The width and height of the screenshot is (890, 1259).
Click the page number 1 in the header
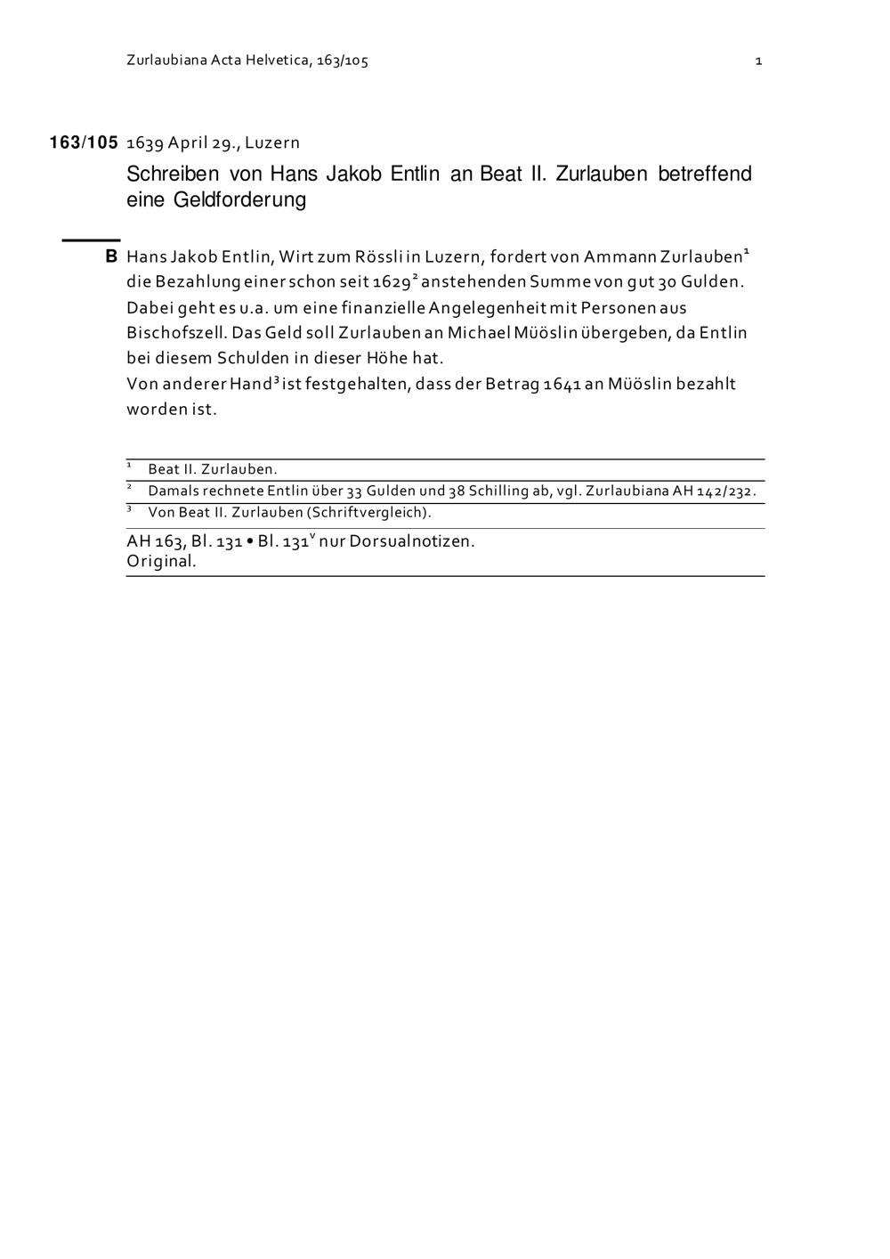758,61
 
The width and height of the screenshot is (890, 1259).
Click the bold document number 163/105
84,142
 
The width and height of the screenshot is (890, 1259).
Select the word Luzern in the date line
272,142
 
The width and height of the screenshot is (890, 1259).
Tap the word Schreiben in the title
173,174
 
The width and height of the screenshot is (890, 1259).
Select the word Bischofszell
175,333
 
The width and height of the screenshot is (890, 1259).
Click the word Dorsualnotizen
412,541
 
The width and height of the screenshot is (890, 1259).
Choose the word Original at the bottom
161,562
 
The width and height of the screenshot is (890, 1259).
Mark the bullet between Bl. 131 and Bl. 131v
250,541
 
